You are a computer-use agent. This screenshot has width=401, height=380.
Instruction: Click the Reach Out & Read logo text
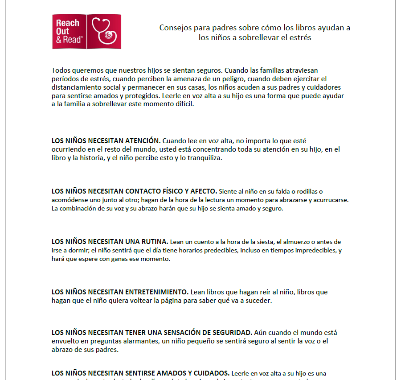pos(68,31)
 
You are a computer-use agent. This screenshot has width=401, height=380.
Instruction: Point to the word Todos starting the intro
pos(61,70)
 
